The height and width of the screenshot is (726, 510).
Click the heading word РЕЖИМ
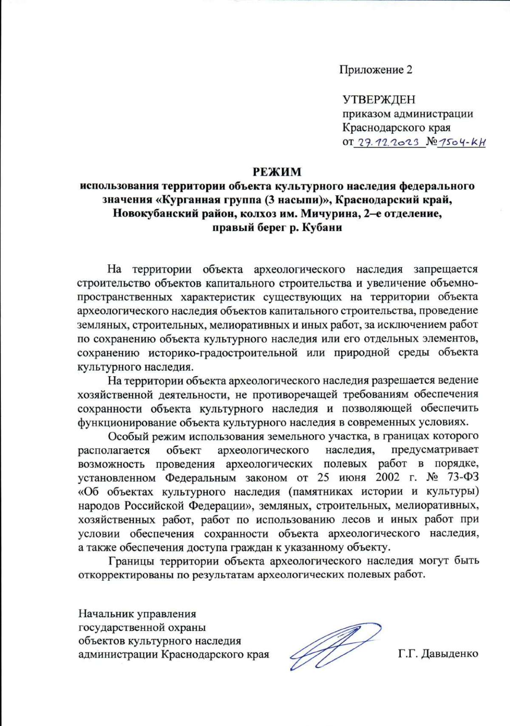click(x=277, y=172)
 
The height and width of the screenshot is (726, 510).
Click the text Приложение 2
click(x=376, y=70)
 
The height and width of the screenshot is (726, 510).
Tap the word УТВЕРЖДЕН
click(x=379, y=100)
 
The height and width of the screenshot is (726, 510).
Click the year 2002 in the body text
click(x=387, y=478)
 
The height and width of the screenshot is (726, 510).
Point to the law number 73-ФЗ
click(x=463, y=478)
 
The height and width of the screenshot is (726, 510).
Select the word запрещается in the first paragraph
click(x=446, y=269)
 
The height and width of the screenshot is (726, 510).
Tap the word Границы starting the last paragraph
click(x=132, y=561)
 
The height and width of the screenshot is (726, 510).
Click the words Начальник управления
click(x=137, y=614)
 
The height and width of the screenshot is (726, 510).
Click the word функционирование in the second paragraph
click(x=127, y=422)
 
